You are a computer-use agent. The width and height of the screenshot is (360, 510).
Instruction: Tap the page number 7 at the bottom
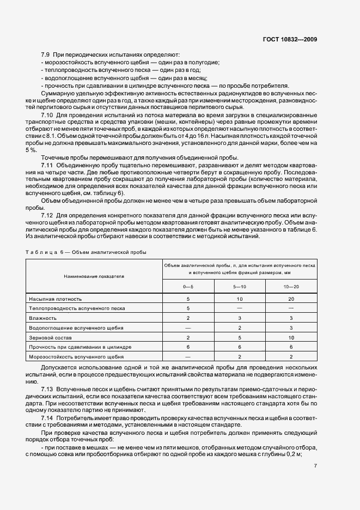[x=316, y=481]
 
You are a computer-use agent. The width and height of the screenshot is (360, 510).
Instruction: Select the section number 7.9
[x=46, y=56]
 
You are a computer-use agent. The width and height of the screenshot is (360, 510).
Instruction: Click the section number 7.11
[x=48, y=164]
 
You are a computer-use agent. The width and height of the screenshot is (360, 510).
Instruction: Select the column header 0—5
[x=188, y=287]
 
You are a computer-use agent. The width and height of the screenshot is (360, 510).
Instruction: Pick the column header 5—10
[x=240, y=287]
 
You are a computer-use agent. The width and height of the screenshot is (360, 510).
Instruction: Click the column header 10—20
[x=291, y=287]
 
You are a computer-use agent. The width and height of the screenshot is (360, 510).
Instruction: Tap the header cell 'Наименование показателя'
[x=94, y=276]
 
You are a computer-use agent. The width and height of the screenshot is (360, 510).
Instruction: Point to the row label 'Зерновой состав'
[x=51, y=337]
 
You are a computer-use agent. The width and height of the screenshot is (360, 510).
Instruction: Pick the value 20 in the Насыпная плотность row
[x=291, y=299]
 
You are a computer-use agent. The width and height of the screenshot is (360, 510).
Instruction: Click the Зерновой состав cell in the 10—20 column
[x=291, y=337]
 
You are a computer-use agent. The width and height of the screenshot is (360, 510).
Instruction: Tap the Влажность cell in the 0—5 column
[x=188, y=318]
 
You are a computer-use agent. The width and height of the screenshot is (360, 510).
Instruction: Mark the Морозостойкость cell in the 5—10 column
[x=240, y=356]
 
